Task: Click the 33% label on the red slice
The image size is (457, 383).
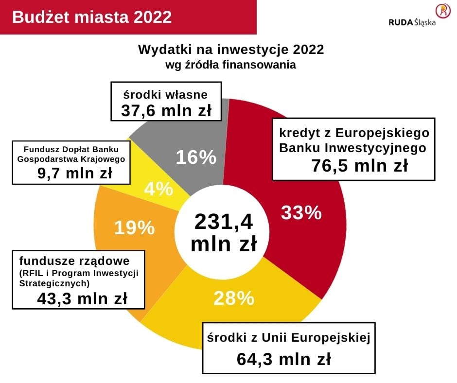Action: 301,213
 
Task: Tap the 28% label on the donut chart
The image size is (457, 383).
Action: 234,298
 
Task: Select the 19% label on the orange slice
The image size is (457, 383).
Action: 134,227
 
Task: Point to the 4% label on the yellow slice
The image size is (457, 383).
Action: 158,189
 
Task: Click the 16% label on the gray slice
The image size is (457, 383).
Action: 195,157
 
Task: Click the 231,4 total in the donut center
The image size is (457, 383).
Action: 224,222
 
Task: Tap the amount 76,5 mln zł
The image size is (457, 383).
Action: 359,166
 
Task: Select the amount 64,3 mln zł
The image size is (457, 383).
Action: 284,359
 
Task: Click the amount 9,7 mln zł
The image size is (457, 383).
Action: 75,173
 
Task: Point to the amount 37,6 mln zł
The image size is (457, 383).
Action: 166,111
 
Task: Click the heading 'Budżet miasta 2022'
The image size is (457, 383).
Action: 92,17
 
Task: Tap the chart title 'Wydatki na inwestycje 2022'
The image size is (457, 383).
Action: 231,50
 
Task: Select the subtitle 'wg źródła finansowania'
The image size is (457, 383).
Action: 231,65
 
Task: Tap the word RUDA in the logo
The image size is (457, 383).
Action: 401,22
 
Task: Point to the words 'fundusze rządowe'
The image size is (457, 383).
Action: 74,260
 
